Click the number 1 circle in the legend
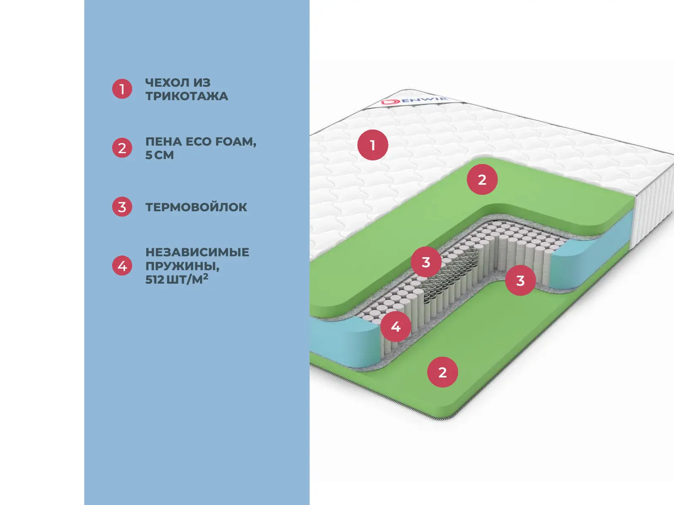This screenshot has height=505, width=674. tap(122, 89)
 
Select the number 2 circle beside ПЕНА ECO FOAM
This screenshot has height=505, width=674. tap(122, 148)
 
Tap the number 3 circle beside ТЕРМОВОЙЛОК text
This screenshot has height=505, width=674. tap(122, 207)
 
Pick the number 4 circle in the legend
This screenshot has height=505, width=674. tap(122, 266)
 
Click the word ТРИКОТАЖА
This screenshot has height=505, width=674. tap(187, 96)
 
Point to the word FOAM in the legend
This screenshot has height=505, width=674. tap(235, 142)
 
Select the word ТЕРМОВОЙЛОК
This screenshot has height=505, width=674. tap(196, 207)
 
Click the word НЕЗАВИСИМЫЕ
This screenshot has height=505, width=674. tap(197, 252)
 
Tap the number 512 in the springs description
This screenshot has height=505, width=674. tap(155, 279)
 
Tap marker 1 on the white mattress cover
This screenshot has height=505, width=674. tap(372, 145)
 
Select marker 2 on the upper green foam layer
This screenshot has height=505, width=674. tap(482, 180)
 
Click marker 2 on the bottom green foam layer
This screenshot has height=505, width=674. tap(442, 372)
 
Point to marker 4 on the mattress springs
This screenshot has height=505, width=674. tap(396, 327)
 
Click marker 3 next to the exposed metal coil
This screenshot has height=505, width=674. tap(426, 262)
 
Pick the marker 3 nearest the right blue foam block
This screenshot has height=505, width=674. tap(520, 280)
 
